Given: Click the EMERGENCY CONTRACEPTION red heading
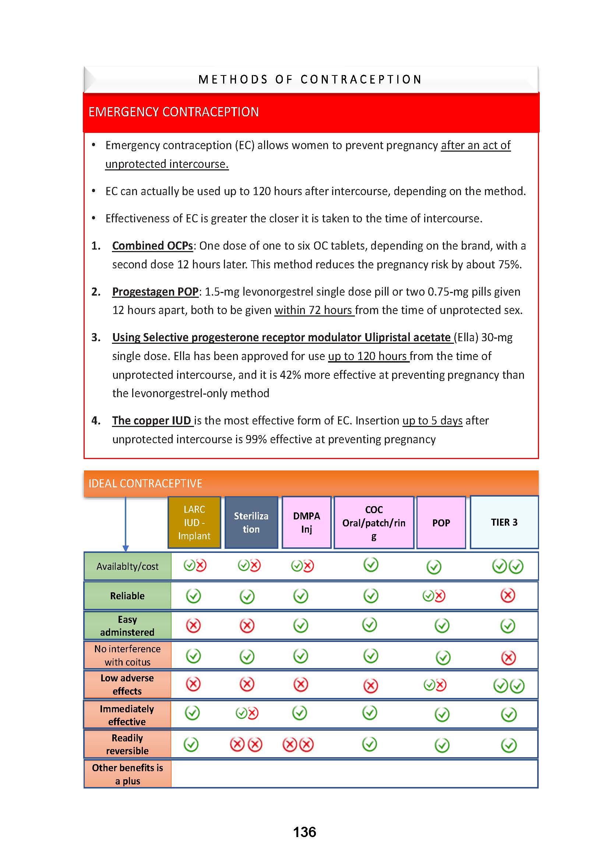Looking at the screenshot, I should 173,112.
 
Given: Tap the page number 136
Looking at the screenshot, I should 304,832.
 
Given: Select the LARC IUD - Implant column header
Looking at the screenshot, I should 194,522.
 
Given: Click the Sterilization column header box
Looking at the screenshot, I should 251,522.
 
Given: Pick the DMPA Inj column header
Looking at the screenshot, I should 306,522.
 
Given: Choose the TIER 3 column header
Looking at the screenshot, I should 504,522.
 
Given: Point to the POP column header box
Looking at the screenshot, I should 441,523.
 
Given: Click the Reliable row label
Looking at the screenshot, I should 127,596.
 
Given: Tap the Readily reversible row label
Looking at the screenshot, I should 127,744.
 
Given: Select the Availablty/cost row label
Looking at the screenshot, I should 127,566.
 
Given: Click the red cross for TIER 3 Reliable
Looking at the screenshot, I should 508,595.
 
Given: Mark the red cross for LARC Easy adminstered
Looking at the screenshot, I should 194,625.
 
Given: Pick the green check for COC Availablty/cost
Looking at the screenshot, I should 370,564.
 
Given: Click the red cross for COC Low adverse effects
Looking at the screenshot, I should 370,686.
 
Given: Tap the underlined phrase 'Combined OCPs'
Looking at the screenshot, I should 152,246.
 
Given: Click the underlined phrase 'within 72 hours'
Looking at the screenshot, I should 314,310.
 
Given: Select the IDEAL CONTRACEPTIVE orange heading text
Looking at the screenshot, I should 145,483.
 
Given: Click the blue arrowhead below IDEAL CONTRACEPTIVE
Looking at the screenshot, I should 126,548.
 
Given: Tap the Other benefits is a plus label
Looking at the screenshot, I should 127,774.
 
